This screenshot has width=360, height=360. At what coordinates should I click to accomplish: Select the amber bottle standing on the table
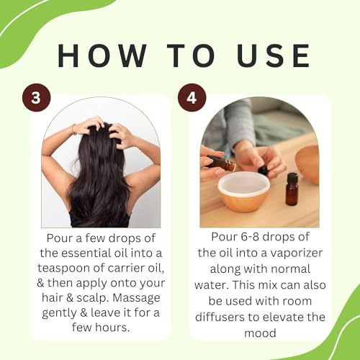tap(292, 192)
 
